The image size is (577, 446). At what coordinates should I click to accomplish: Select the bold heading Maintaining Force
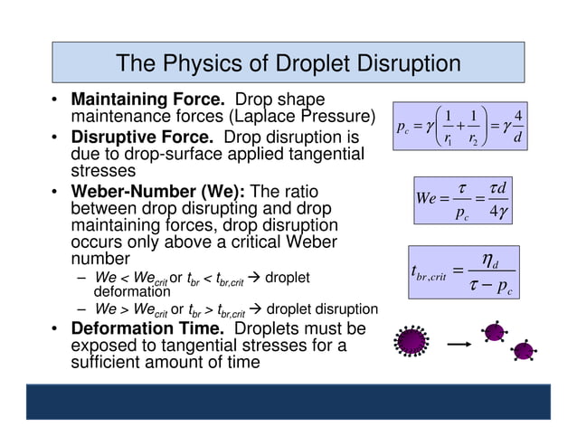coord(134,100)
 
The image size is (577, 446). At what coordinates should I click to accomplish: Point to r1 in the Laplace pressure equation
coord(449,140)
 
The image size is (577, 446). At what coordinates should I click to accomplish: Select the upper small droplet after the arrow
coord(494,331)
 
